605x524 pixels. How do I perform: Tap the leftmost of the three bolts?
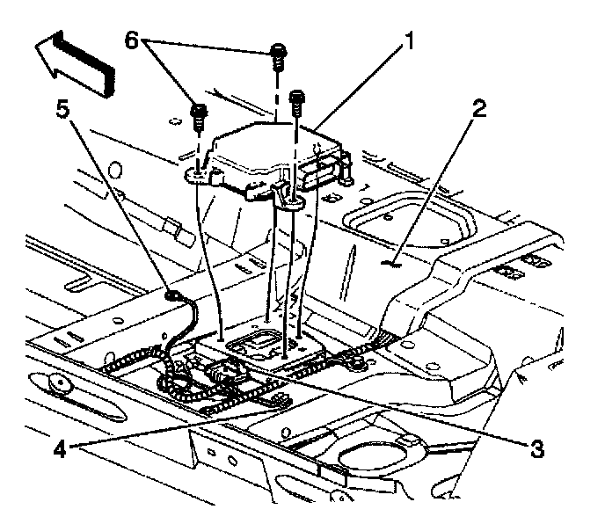click(x=198, y=115)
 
